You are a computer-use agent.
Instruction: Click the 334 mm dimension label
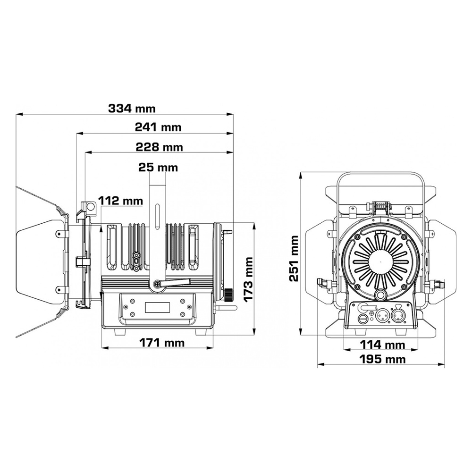(x=131, y=108)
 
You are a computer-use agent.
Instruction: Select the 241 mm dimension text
(x=158, y=127)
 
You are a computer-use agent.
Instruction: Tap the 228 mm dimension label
(x=159, y=147)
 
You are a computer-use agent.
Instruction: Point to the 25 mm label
(x=158, y=167)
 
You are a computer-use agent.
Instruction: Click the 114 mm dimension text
(x=383, y=345)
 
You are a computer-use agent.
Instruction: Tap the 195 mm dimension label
(x=382, y=359)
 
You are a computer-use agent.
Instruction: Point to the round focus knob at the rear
(x=229, y=294)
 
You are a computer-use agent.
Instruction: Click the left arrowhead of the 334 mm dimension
(x=18, y=114)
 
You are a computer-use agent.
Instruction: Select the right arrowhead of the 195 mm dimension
(x=443, y=365)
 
